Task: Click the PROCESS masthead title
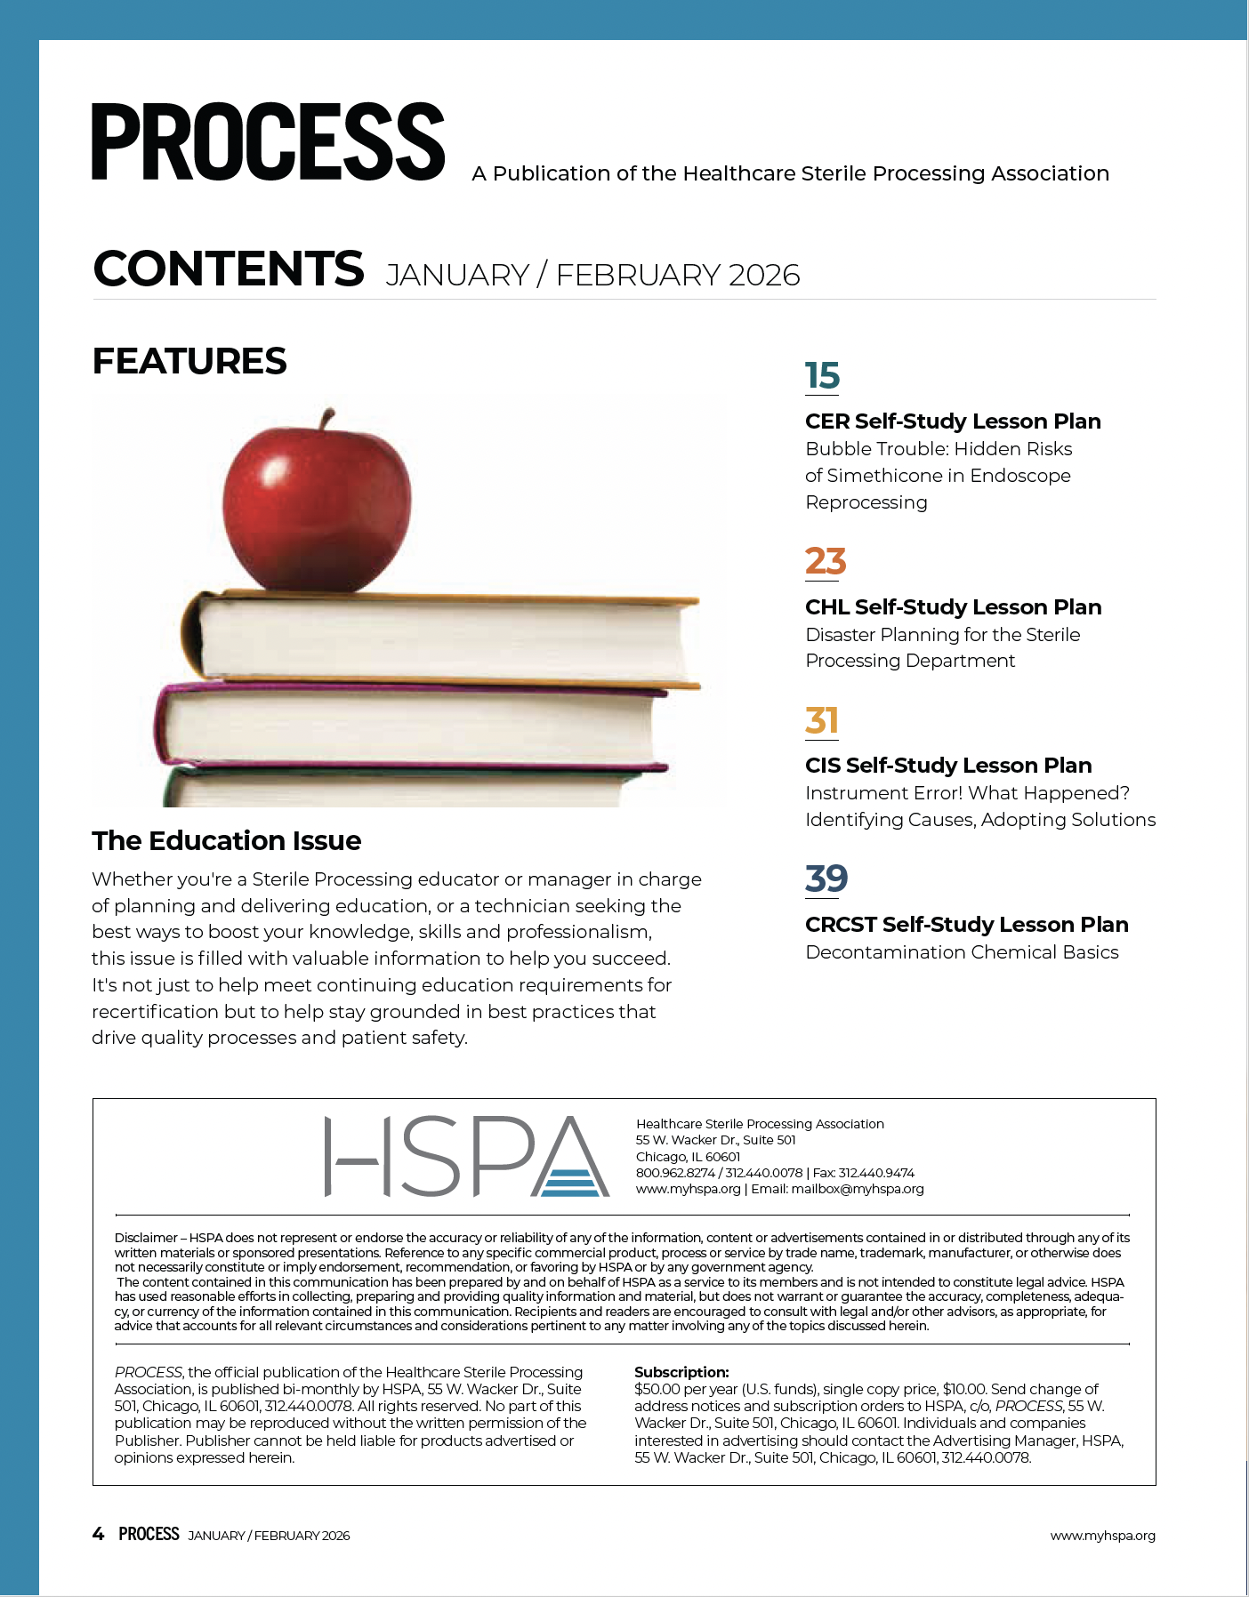[268, 141]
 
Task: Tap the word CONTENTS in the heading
[229, 269]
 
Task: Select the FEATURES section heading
[189, 361]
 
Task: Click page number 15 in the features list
[822, 376]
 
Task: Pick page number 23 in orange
[825, 561]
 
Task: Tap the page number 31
[821, 720]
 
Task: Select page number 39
[826, 879]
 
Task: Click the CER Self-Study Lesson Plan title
[953, 421]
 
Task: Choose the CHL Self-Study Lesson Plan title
[953, 607]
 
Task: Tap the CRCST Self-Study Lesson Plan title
[966, 925]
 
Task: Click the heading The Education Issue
[226, 840]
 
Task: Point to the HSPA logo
[466, 1156]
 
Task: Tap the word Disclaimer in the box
[146, 1238]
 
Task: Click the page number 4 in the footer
[98, 1534]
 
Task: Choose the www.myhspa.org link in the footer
[1102, 1536]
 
